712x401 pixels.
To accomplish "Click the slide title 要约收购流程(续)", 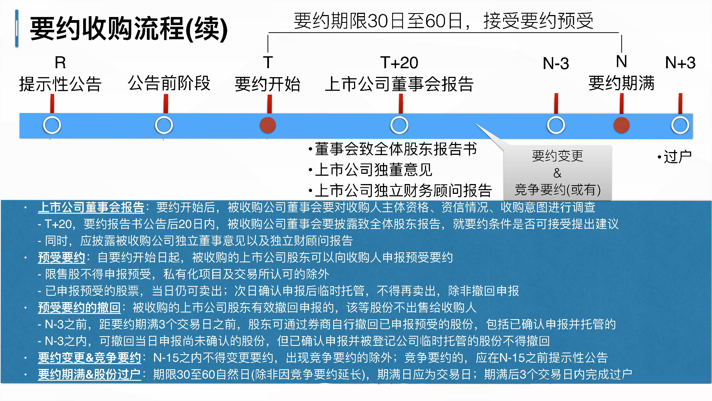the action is click(129, 28).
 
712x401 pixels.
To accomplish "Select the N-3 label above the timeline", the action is click(556, 63).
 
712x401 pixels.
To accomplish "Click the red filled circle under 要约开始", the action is click(268, 125).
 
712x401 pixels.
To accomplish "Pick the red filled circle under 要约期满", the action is click(621, 125).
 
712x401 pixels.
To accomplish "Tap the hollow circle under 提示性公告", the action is click(52, 125).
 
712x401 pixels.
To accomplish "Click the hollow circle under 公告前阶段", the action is click(164, 125).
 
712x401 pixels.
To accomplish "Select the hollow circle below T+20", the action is click(399, 125).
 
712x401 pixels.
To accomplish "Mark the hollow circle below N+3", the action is click(680, 125).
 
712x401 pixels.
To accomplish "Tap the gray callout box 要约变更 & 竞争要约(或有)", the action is click(557, 173).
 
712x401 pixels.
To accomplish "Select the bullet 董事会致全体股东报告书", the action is click(393, 149).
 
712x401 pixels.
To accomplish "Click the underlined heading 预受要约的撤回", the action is click(79, 308).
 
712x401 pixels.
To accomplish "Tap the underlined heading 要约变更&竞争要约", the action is click(90, 358).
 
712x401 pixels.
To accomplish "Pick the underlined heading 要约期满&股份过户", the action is click(90, 375).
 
